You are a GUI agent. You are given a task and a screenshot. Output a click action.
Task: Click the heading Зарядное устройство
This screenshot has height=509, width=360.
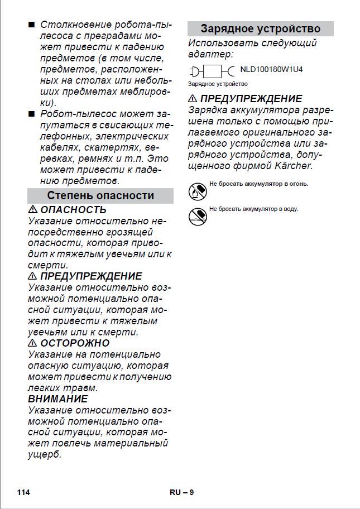(260, 28)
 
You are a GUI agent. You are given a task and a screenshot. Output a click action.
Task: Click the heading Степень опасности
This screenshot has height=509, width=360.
(100, 195)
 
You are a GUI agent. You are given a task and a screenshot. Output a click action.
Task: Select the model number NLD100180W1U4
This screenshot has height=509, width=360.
(271, 70)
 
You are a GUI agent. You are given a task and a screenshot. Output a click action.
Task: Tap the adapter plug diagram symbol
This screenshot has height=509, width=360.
(212, 71)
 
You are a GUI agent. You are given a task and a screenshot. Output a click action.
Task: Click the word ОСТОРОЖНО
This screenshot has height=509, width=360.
(75, 343)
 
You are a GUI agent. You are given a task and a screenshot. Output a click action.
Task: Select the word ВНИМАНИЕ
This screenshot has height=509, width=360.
(58, 399)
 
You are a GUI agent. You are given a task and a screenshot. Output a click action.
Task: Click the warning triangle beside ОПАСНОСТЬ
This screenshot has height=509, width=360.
(33, 210)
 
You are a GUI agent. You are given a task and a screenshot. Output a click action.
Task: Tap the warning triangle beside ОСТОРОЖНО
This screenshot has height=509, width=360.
(33, 343)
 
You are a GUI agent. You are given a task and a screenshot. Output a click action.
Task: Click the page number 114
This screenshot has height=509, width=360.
(23, 492)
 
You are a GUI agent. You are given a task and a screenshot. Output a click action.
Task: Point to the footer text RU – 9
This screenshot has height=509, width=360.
(181, 492)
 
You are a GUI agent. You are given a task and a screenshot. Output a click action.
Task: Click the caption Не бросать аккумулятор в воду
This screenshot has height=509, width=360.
(254, 209)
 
